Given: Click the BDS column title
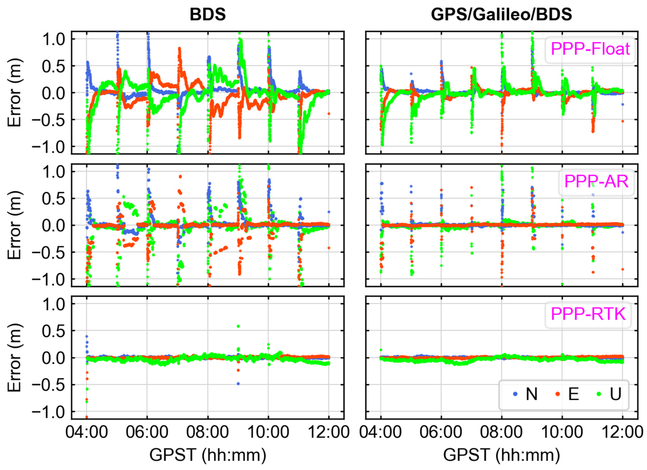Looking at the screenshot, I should pyautogui.click(x=207, y=14).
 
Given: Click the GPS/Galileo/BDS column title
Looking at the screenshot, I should pyautogui.click(x=501, y=14).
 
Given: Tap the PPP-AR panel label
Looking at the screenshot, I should pyautogui.click(x=596, y=181).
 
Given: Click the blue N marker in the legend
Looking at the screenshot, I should pyautogui.click(x=515, y=394).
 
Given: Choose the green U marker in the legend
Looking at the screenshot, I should pyautogui.click(x=599, y=394).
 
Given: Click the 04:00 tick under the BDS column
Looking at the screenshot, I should pyautogui.click(x=87, y=432).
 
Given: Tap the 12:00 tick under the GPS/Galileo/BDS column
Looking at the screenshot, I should pyautogui.click(x=623, y=432).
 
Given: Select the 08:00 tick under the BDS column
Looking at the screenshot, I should pyautogui.click(x=207, y=432).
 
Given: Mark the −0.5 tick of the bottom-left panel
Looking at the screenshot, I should pyautogui.click(x=48, y=385).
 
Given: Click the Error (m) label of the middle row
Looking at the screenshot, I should pyautogui.click(x=14, y=225).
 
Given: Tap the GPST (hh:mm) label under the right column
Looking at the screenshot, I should pyautogui.click(x=501, y=455).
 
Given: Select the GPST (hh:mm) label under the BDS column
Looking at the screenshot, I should pyautogui.click(x=207, y=455).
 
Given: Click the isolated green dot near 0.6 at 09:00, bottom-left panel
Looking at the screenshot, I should pyautogui.click(x=238, y=326).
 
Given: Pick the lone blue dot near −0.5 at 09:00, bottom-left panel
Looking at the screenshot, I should pyautogui.click(x=238, y=383).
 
